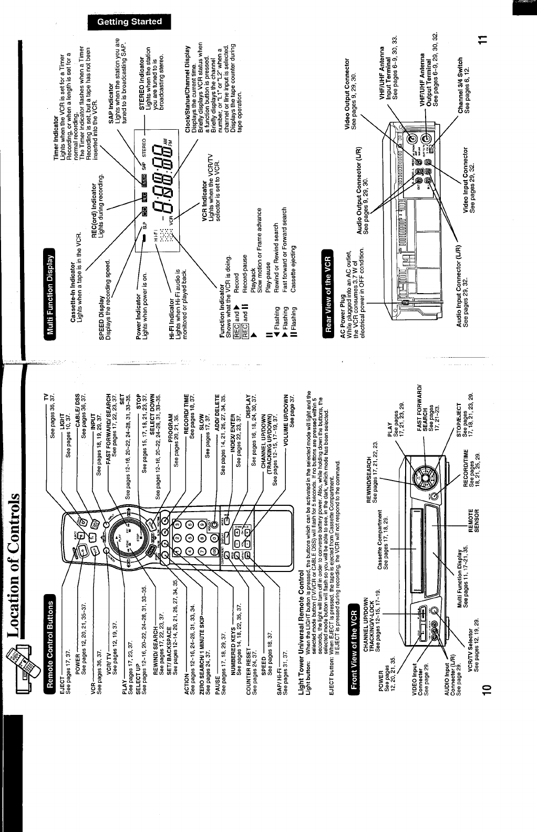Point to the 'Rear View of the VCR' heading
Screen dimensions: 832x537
coord(328,294)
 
